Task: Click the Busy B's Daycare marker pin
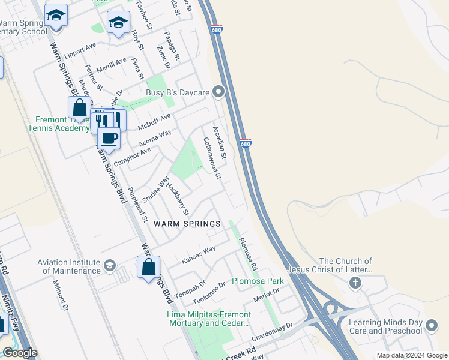pyautogui.click(x=219, y=92)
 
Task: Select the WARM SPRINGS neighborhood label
pyautogui.click(x=187, y=224)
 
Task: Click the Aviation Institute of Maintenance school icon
pyautogui.click(x=109, y=265)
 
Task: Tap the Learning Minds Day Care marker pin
pyautogui.click(x=431, y=326)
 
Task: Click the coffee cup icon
pyautogui.click(x=109, y=139)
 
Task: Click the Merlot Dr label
pyautogui.click(x=267, y=295)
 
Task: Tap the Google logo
pyautogui.click(x=20, y=353)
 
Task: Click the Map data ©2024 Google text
pyautogui.click(x=411, y=355)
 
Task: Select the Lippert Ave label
pyautogui.click(x=81, y=47)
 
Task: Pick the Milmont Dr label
pyautogui.click(x=62, y=295)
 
